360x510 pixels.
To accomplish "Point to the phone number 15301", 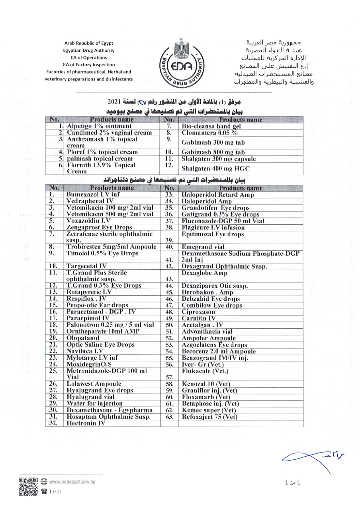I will [x=54, y=492].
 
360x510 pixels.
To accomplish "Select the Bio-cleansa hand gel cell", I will [x=211, y=126].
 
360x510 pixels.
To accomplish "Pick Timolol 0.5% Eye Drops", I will [x=102, y=253].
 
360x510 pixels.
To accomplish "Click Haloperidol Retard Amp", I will [x=217, y=195].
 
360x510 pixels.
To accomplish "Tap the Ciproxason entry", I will [x=198, y=312].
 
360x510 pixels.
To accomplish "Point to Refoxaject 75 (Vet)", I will [x=209, y=417].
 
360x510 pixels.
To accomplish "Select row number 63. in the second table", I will [x=169, y=417].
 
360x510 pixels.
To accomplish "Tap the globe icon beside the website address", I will [x=44, y=481].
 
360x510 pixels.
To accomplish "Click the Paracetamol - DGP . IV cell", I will [x=98, y=312].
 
